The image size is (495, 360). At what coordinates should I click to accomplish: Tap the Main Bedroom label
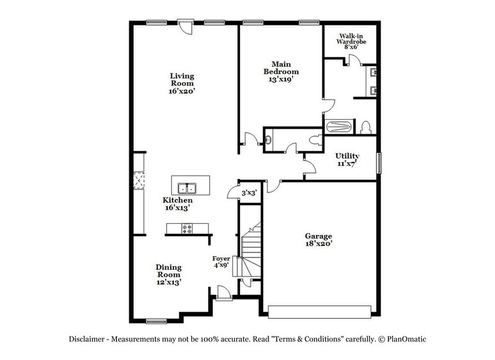277,71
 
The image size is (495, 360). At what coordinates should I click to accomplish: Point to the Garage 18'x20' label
319,240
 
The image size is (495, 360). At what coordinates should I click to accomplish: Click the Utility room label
348,160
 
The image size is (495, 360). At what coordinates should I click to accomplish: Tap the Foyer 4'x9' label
221,261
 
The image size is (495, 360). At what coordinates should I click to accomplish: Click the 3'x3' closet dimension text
249,193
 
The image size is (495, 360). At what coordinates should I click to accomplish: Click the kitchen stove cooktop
188,229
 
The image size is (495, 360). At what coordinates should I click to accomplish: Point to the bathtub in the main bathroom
339,127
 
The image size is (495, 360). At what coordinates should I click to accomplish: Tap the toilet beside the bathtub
366,127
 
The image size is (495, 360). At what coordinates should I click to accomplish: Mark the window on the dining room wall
157,320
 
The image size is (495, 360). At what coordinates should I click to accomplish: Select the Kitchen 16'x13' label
178,204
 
